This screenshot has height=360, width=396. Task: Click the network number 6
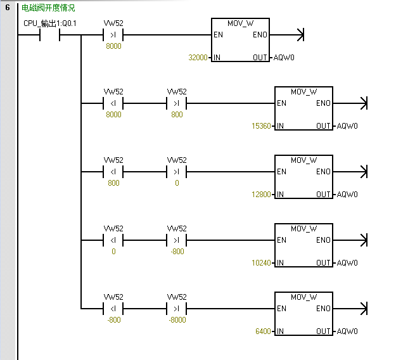coord(8,8)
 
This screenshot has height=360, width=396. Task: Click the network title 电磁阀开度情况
coord(48,8)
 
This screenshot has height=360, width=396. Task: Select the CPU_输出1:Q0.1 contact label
coord(50,23)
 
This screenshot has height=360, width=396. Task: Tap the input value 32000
coord(199,58)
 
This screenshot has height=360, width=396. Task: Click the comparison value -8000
coord(177,320)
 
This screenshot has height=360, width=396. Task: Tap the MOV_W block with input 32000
coord(241,40)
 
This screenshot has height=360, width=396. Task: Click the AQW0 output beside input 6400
coord(348,331)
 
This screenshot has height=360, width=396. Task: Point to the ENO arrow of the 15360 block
coord(362,103)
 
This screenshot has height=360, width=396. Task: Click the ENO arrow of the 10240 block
coord(362,240)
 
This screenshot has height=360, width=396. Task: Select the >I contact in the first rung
coord(113,35)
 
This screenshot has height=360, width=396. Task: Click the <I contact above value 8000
coord(113,103)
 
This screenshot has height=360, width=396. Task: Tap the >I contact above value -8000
coord(177,309)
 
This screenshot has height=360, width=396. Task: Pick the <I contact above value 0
coord(113,240)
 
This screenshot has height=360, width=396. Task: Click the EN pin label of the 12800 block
coord(281,172)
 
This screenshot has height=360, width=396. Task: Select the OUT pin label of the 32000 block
coord(260,58)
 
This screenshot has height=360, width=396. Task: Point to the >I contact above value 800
coord(177,103)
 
